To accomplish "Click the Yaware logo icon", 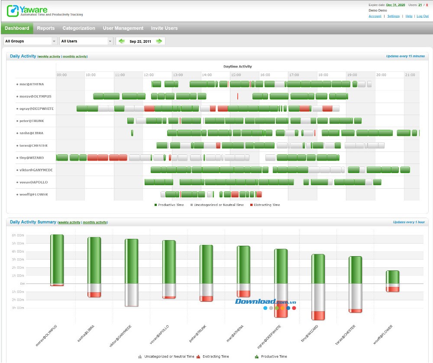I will click(12, 10).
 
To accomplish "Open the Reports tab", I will click(46, 28).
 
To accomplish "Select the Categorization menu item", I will click(79, 28).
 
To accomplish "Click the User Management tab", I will click(123, 28).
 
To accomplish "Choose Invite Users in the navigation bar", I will click(164, 28).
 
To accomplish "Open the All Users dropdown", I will click(86, 41).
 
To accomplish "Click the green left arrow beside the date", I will click(122, 41).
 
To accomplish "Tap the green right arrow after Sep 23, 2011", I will click(159, 41).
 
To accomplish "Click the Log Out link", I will click(422, 16).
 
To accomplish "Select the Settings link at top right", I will click(393, 16).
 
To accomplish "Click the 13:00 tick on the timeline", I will click(178, 75).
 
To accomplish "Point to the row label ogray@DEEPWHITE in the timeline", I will click(36, 109).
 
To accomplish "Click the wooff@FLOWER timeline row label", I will click(34, 194).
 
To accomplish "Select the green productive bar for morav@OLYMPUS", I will click(57, 259).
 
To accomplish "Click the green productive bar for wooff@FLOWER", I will click(392, 277).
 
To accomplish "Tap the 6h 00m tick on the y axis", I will click(18, 235).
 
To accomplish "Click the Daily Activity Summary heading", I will click(33, 222).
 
